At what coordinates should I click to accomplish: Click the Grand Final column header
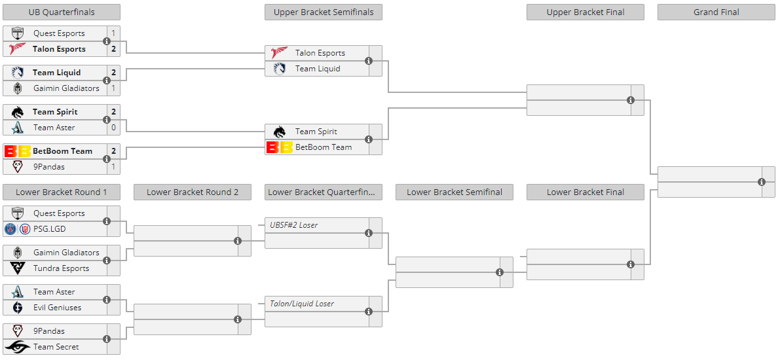click(x=716, y=12)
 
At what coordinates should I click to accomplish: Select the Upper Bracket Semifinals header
click(x=324, y=12)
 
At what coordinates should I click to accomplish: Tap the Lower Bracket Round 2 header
click(x=193, y=192)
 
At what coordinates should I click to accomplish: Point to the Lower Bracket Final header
click(x=585, y=192)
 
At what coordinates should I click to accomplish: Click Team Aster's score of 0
click(x=113, y=127)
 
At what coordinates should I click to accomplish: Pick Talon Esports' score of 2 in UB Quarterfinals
click(x=113, y=48)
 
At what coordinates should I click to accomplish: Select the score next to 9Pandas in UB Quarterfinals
click(x=113, y=166)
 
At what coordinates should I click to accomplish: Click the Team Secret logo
click(x=18, y=346)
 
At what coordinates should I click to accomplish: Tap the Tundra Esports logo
click(x=18, y=268)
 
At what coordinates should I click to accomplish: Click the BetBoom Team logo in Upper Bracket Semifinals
click(x=279, y=147)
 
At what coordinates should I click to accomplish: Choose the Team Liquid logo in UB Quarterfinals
click(x=18, y=73)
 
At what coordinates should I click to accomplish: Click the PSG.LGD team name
click(x=49, y=228)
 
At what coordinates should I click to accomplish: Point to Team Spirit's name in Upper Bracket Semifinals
click(x=316, y=132)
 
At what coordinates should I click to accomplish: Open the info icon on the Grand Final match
click(x=762, y=182)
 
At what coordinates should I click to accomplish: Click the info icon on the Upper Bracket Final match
click(x=631, y=100)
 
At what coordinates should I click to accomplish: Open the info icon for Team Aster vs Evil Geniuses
click(x=107, y=299)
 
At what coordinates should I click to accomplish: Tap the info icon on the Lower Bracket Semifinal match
click(x=500, y=272)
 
